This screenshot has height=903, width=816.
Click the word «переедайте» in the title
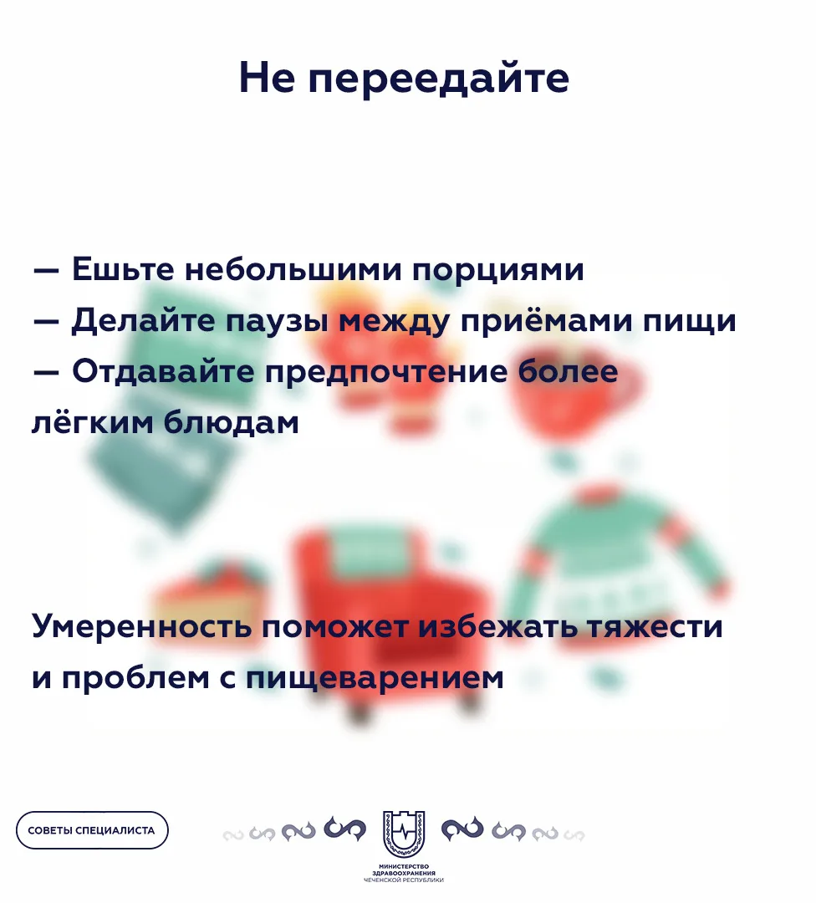coord(438,79)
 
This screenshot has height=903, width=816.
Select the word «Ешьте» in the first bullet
coord(123,269)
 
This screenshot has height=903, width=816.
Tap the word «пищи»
coord(689,321)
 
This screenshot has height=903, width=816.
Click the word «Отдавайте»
coord(163,371)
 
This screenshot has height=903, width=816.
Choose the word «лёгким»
coord(93,423)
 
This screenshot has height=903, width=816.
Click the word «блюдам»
coord(232,423)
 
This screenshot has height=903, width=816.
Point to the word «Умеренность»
coord(141,626)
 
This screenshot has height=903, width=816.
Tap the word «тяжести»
coord(654,627)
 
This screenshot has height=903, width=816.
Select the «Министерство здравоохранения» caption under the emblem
coord(404,870)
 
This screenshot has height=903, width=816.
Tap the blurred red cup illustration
coord(570,391)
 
